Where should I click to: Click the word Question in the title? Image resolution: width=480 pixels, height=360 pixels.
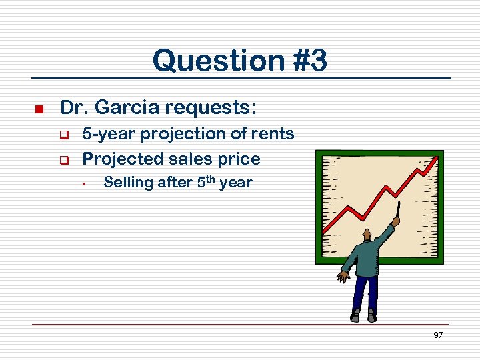click(209, 61)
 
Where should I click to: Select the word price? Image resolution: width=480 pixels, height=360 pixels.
click(237, 159)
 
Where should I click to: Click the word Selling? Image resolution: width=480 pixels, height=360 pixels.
click(128, 183)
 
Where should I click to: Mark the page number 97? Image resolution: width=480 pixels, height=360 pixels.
click(438, 335)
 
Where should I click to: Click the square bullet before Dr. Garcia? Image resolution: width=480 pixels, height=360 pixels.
click(39, 109)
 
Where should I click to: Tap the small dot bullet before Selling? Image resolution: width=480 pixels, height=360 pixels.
click(86, 183)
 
